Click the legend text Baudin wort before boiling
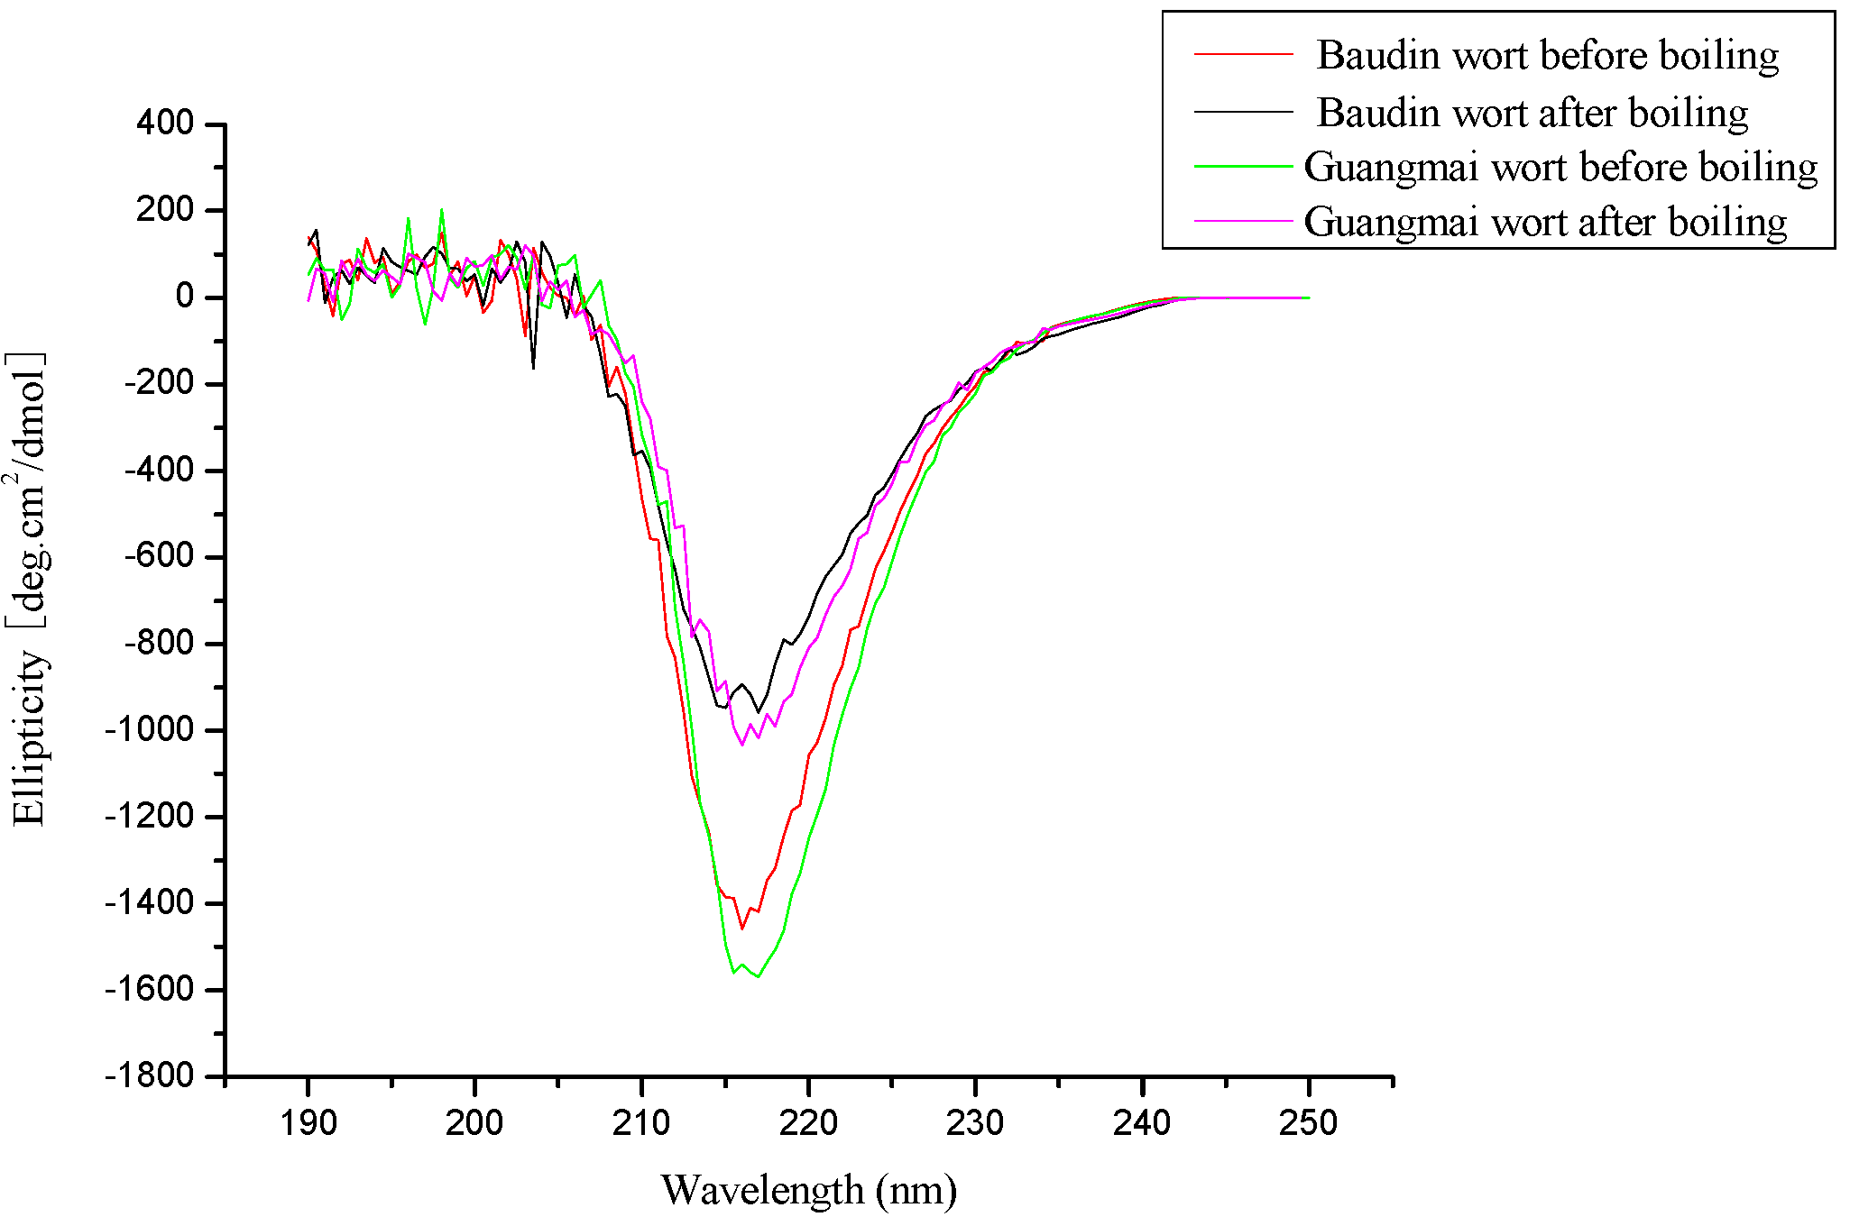click(1547, 55)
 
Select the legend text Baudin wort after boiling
click(1532, 113)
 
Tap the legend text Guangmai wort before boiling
click(1560, 167)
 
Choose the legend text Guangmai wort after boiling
click(1545, 222)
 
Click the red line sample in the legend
click(1244, 54)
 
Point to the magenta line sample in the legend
click(1244, 221)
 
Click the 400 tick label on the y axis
click(165, 123)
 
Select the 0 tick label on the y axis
click(185, 297)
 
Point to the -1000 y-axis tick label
click(150, 729)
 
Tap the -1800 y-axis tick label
click(150, 1075)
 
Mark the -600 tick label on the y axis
click(159, 556)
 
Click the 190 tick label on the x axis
click(308, 1123)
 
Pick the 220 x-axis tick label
click(809, 1123)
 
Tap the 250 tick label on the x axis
click(1309, 1123)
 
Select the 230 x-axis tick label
click(975, 1123)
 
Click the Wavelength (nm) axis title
click(809, 1190)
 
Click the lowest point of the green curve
click(759, 976)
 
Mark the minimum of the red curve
click(742, 929)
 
